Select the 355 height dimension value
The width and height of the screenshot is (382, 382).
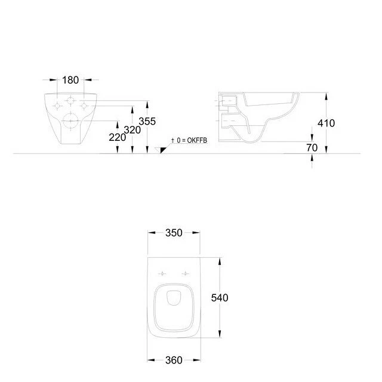[x=147, y=121]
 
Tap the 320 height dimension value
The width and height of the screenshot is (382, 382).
[x=132, y=130]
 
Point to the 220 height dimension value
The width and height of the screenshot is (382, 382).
[x=118, y=137]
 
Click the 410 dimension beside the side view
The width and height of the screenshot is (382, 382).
[x=326, y=123]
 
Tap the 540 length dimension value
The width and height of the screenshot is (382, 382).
[x=220, y=297]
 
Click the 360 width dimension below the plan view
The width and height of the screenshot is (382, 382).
[x=173, y=360]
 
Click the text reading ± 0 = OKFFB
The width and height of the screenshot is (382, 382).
[x=189, y=140]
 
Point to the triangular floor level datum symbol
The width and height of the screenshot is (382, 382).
[x=159, y=150]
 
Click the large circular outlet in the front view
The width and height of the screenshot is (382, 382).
[x=71, y=120]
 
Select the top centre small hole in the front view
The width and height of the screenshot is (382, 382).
[x=72, y=100]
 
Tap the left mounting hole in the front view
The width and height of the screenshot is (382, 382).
[x=58, y=106]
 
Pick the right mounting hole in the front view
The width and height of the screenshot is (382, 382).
[x=85, y=106]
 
